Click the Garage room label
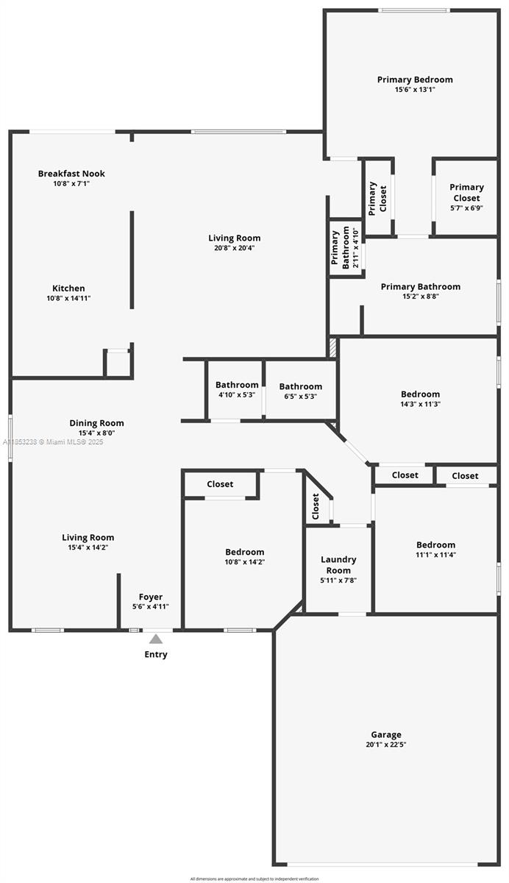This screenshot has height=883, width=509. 386,734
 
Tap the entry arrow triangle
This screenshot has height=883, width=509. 156,639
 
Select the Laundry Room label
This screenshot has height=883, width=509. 338,564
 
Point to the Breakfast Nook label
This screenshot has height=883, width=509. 71,174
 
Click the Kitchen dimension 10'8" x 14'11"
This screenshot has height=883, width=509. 68,298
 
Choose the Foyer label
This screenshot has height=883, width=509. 151,597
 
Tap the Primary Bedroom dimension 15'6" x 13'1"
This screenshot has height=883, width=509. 415,90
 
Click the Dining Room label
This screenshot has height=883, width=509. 96,423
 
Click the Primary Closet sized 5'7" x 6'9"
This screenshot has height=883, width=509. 466,197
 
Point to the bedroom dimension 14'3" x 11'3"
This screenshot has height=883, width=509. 420,404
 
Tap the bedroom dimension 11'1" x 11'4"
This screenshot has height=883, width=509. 435,555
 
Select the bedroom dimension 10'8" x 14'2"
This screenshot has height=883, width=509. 244,561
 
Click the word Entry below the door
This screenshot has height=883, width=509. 156,654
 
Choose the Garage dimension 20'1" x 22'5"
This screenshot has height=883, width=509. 386,744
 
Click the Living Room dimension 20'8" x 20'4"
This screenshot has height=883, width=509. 234,248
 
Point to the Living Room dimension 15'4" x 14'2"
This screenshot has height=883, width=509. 88,547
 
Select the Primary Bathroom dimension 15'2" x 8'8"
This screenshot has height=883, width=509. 420,297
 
